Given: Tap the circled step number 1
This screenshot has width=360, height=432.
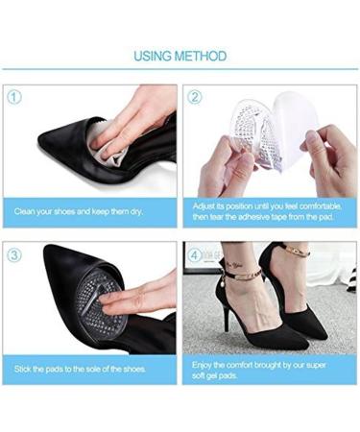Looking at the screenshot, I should pyautogui.click(x=15, y=96).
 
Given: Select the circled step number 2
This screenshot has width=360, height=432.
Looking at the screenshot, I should pyautogui.click(x=194, y=96).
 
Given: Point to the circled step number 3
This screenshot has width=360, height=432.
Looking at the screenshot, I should pyautogui.click(x=15, y=255).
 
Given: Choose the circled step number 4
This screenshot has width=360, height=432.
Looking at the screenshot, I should pyautogui.click(x=194, y=255).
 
